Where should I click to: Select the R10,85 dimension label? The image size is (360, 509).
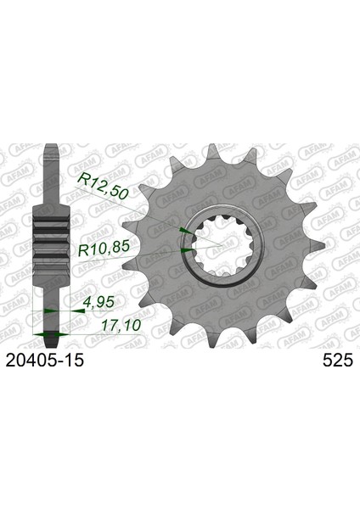pos(104,249)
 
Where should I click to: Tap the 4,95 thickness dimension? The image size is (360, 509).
pos(99,303)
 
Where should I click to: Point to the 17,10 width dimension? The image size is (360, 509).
pos(121,326)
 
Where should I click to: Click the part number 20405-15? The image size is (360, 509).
pos(45,360)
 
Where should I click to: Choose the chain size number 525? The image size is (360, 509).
pos(338,360)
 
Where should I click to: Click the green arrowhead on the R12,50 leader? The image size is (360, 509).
pos(186,230)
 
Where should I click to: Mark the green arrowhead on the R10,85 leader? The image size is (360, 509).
pos(188,250)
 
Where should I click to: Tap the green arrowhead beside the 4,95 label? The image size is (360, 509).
pos(78,310)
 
